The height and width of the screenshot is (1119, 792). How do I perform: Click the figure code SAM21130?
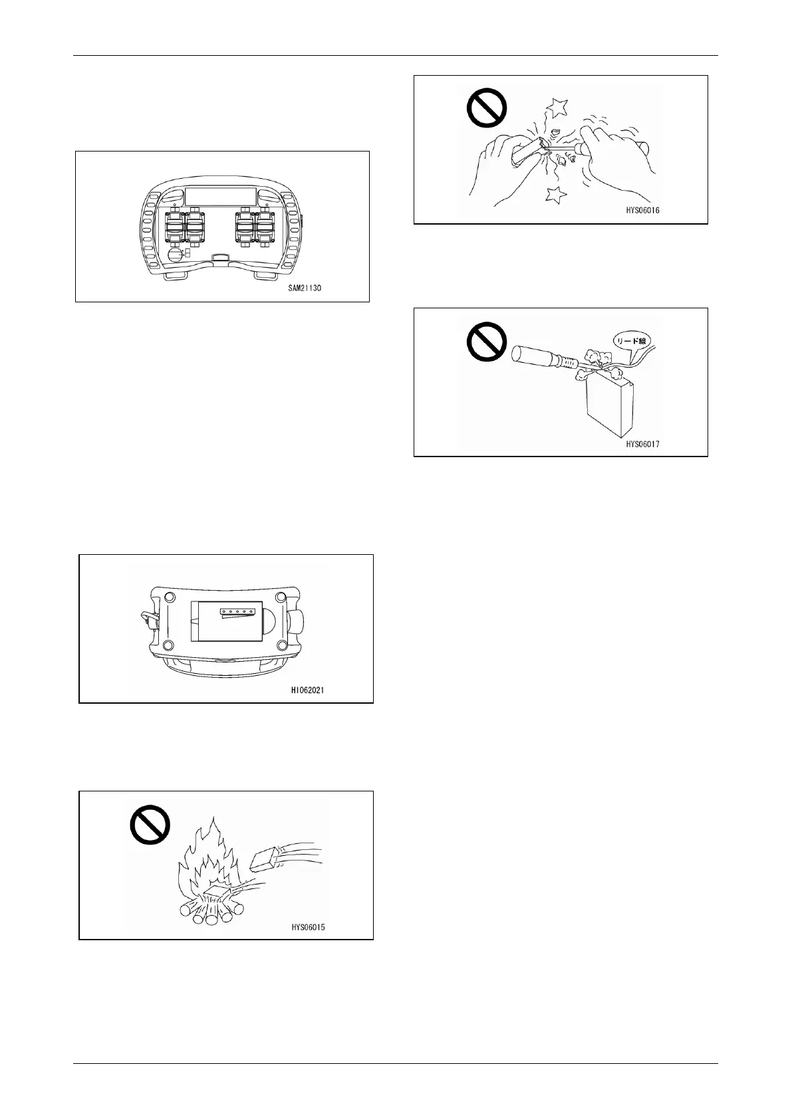tap(300, 288)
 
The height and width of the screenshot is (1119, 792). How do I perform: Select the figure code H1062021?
tap(307, 690)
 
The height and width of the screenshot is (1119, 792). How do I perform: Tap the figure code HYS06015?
tap(308, 927)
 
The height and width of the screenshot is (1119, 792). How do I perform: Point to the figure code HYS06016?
tap(642, 210)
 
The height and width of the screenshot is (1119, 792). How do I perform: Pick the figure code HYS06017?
tap(642, 443)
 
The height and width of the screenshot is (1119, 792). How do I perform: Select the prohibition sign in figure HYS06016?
tap(487, 108)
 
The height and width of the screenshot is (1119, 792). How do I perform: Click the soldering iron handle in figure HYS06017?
tap(535, 354)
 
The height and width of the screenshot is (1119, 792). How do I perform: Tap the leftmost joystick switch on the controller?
tap(174, 229)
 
